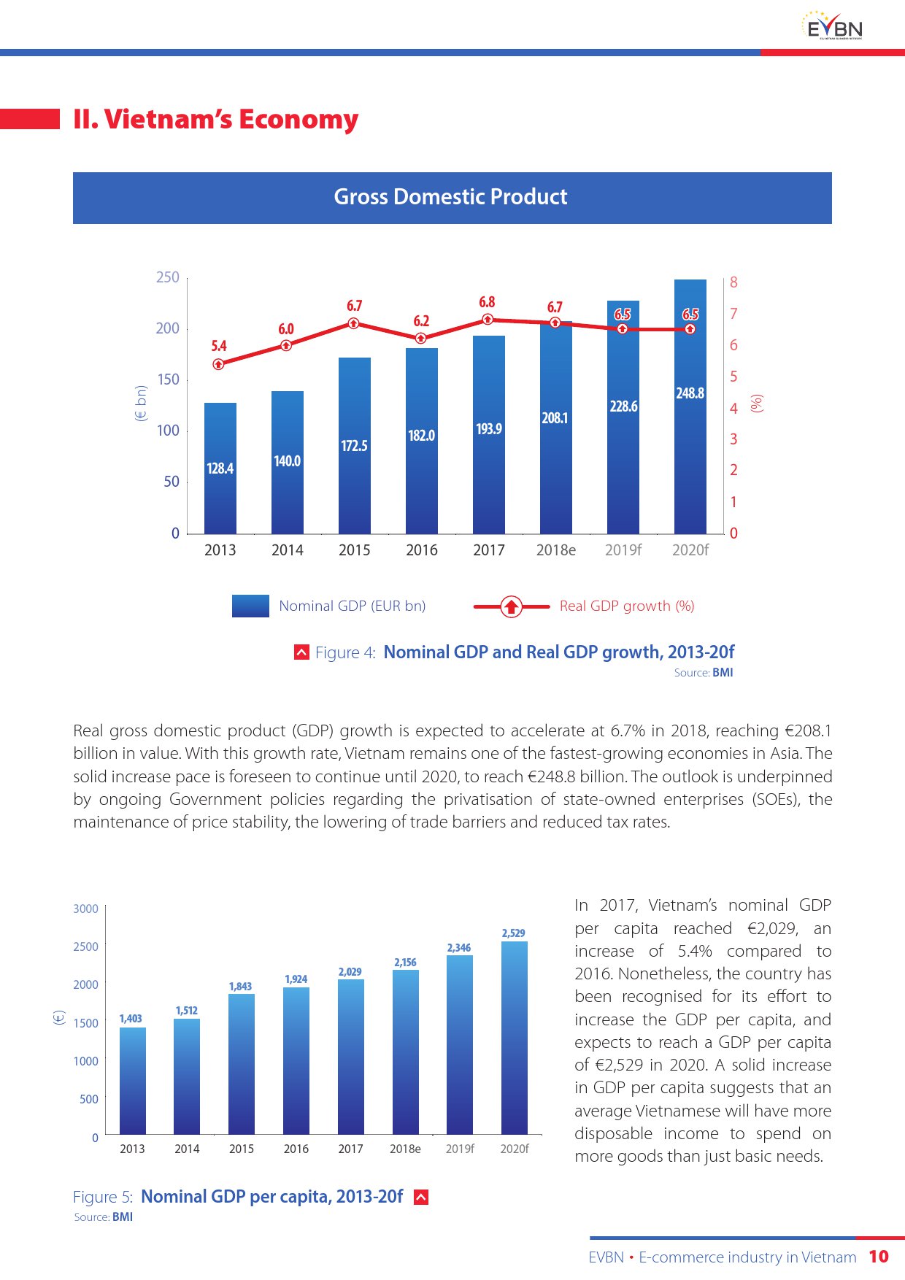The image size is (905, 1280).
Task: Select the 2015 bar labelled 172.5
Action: pyautogui.click(x=355, y=445)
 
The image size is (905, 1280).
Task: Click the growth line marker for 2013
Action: pyautogui.click(x=218, y=364)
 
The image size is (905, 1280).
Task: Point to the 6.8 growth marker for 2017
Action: pyautogui.click(x=488, y=319)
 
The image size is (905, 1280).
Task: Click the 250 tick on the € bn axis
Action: pyautogui.click(x=167, y=277)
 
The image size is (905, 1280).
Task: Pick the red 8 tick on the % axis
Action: pyautogui.click(x=733, y=282)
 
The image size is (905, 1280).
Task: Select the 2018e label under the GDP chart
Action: pyautogui.click(x=555, y=550)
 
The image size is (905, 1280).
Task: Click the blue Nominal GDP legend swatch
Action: pyautogui.click(x=250, y=606)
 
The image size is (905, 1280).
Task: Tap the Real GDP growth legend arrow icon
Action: pyautogui.click(x=512, y=606)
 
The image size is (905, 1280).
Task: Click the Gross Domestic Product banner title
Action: pyautogui.click(x=451, y=197)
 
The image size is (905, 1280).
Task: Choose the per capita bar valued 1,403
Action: pyautogui.click(x=132, y=1080)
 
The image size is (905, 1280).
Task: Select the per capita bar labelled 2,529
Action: pyautogui.click(x=515, y=1037)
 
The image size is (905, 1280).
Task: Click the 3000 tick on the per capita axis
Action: pyautogui.click(x=85, y=909)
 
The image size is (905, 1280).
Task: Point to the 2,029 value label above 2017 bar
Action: pyautogui.click(x=350, y=971)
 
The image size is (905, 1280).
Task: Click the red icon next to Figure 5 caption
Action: pyautogui.click(x=421, y=1197)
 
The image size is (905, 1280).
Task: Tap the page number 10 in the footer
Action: pyautogui.click(x=879, y=1257)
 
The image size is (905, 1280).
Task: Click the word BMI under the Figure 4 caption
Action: pyautogui.click(x=723, y=672)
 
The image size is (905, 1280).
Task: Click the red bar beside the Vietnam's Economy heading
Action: pyautogui.click(x=30, y=119)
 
